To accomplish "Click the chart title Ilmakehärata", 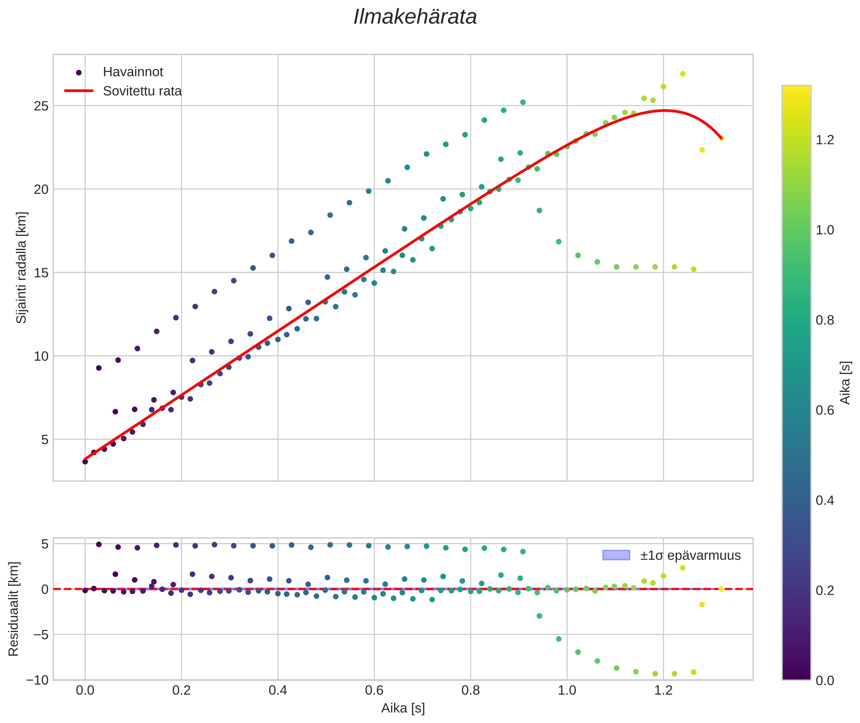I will pos(415,17).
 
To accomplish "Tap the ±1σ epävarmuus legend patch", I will pos(616,555).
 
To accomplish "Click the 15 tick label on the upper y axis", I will pos(41,273).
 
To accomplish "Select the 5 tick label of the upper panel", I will pos(45,440).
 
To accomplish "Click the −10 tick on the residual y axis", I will pos(37,680).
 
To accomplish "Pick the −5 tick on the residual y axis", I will pos(37,635).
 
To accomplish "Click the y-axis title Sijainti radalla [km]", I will pos(21,267).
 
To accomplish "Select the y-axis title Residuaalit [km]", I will pos(13,609).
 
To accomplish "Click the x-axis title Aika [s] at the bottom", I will pos(403,708).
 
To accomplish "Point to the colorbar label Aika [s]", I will pos(845,382).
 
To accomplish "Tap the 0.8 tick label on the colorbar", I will pos(825,320).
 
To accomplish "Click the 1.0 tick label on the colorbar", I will pos(825,230).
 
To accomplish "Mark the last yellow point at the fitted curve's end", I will pos(721,138).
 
